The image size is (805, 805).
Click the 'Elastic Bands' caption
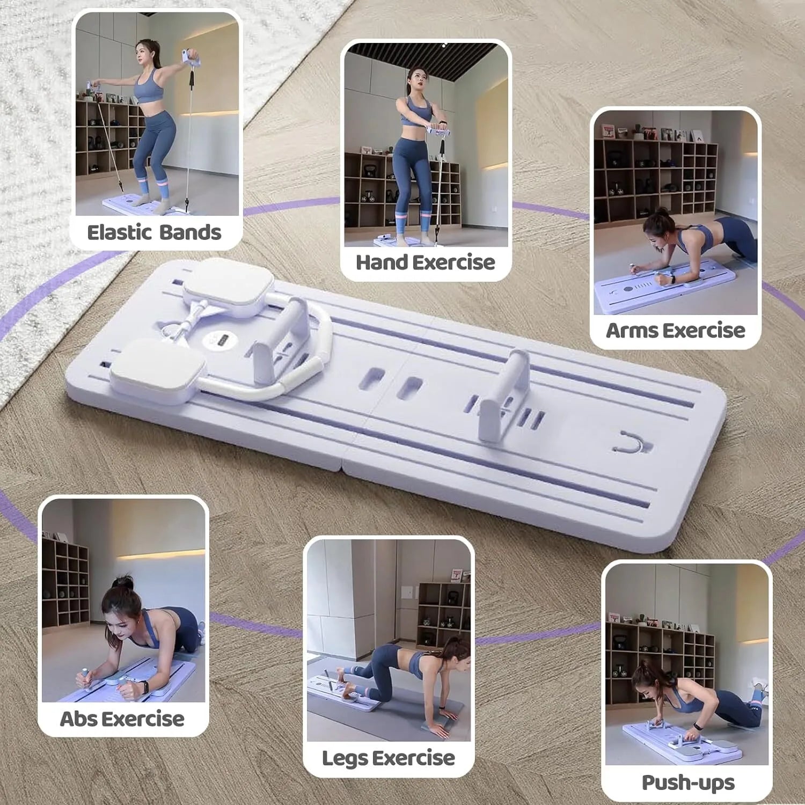coord(154,232)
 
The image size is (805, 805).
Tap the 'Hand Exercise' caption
coord(425,262)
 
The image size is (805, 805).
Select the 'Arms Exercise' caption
coord(675,330)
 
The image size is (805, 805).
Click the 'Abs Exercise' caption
coord(122,719)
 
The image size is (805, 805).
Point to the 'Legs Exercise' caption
coord(388,758)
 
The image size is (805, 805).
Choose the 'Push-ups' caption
coord(688,782)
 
